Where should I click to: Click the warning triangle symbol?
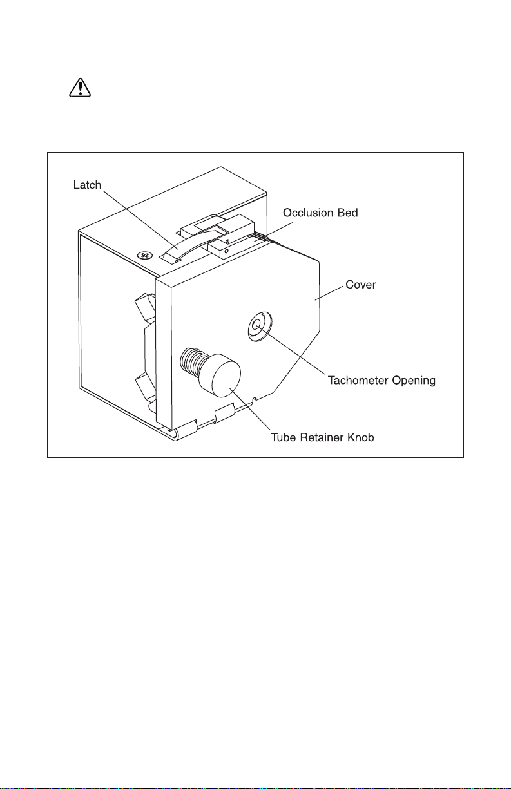[x=80, y=88]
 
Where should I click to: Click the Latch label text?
[x=87, y=185]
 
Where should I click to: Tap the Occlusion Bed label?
[x=320, y=213]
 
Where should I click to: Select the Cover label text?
[x=360, y=285]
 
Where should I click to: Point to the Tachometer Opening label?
[x=381, y=381]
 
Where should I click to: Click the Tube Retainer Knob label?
[x=322, y=437]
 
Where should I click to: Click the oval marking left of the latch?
[x=144, y=255]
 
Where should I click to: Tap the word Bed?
[x=347, y=213]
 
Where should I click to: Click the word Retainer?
[x=322, y=437]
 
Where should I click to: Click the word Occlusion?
[x=309, y=213]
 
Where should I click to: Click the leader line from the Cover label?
[x=329, y=293]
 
